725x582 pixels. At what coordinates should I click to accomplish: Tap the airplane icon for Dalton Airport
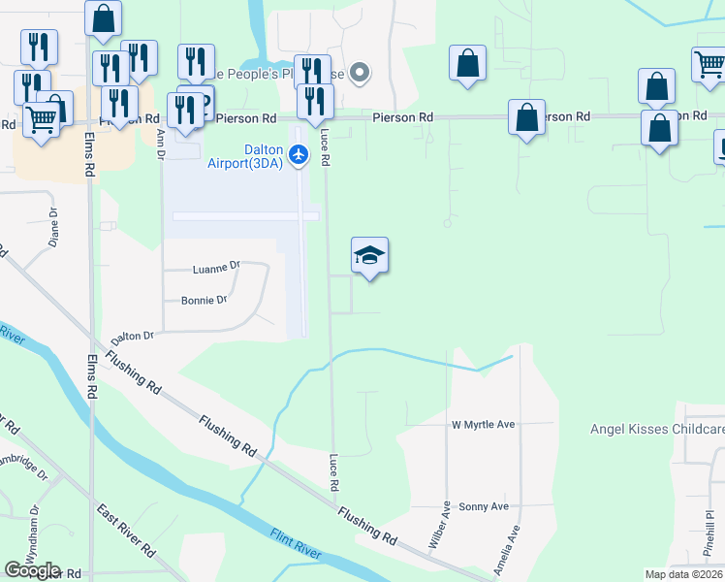(x=299, y=153)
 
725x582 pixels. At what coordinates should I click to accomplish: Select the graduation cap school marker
(x=369, y=257)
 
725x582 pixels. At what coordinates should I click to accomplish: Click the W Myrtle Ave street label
(x=483, y=425)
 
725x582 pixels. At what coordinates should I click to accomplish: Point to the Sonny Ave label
(x=484, y=506)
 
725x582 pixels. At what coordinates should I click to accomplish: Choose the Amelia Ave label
(x=508, y=549)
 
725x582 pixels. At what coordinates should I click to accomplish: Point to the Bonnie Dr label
(x=205, y=300)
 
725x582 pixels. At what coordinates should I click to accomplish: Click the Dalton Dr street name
(x=133, y=337)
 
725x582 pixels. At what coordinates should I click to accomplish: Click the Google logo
(x=32, y=569)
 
